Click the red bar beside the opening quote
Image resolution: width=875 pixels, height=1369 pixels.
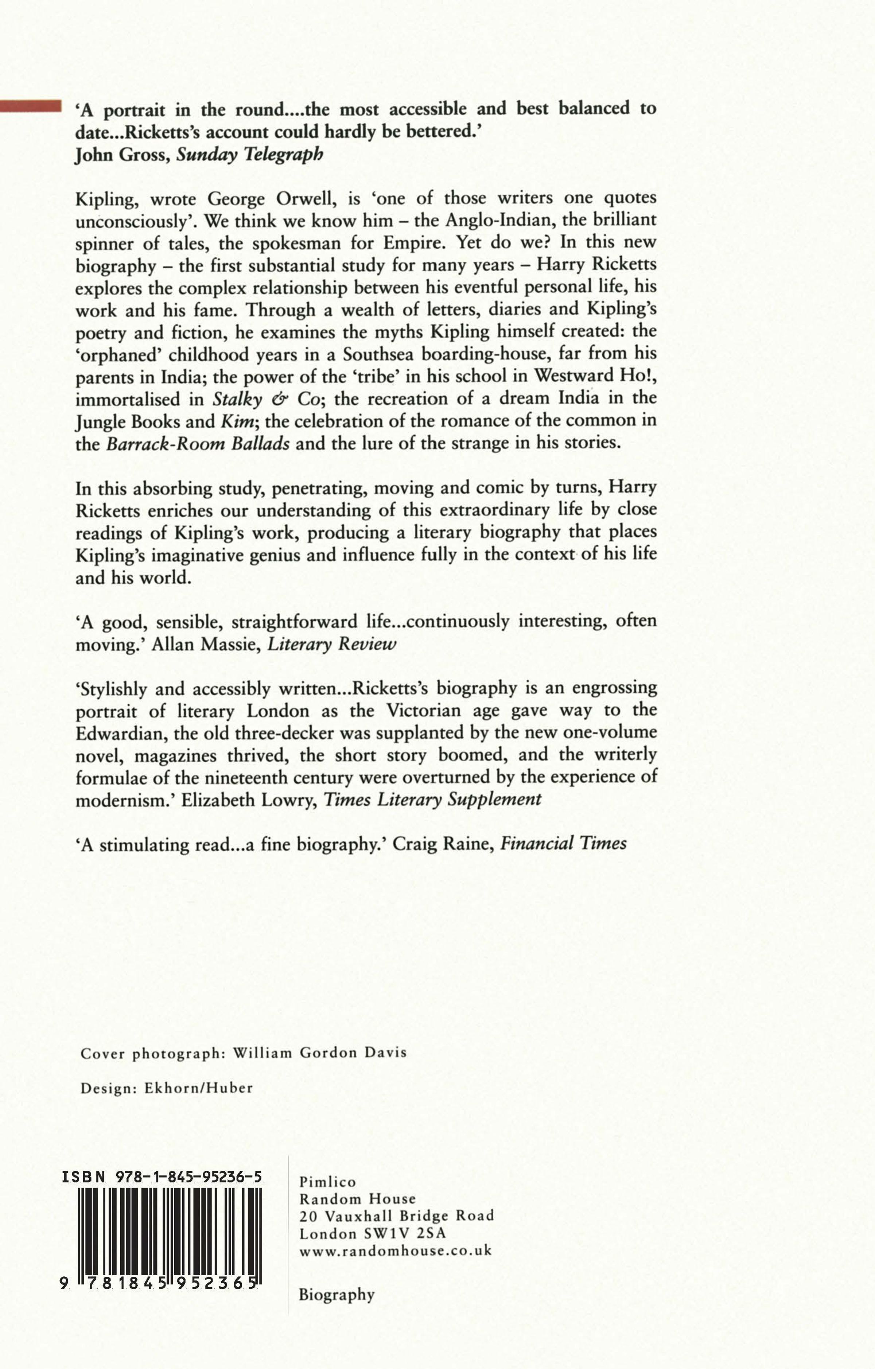click(x=31, y=106)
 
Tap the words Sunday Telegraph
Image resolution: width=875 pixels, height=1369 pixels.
click(x=250, y=155)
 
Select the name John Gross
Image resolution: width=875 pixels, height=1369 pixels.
click(x=121, y=155)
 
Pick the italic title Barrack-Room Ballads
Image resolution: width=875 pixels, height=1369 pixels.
click(x=198, y=443)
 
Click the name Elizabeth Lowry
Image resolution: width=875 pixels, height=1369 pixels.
click(x=249, y=799)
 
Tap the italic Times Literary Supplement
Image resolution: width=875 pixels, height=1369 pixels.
click(x=432, y=799)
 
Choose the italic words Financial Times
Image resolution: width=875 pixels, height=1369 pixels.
click(x=563, y=843)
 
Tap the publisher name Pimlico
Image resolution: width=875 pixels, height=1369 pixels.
click(x=327, y=1182)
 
